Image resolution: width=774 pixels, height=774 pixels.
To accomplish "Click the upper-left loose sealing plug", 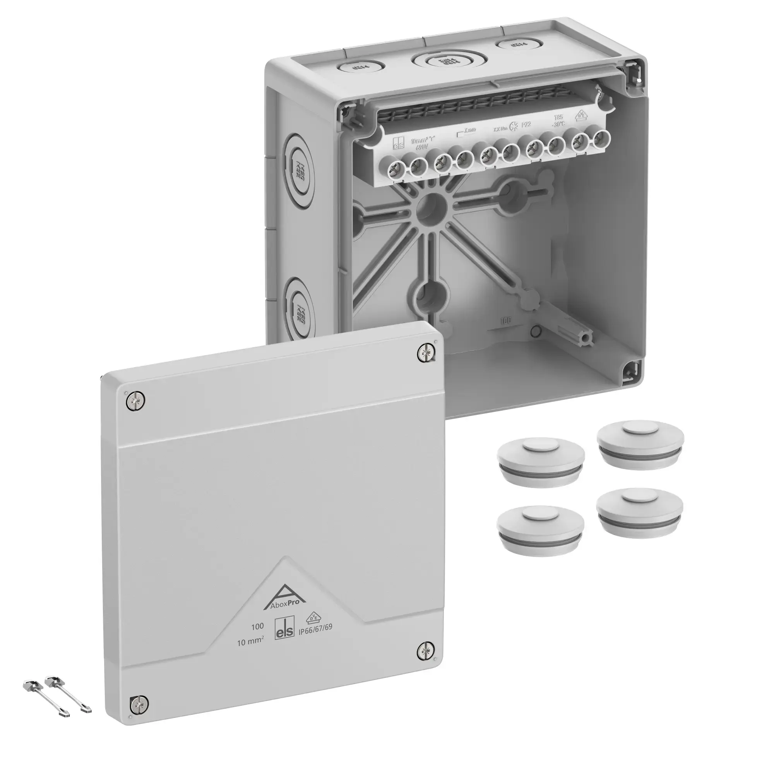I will tap(540, 461).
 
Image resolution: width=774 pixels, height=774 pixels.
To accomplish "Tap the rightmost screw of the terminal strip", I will tap(599, 137).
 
